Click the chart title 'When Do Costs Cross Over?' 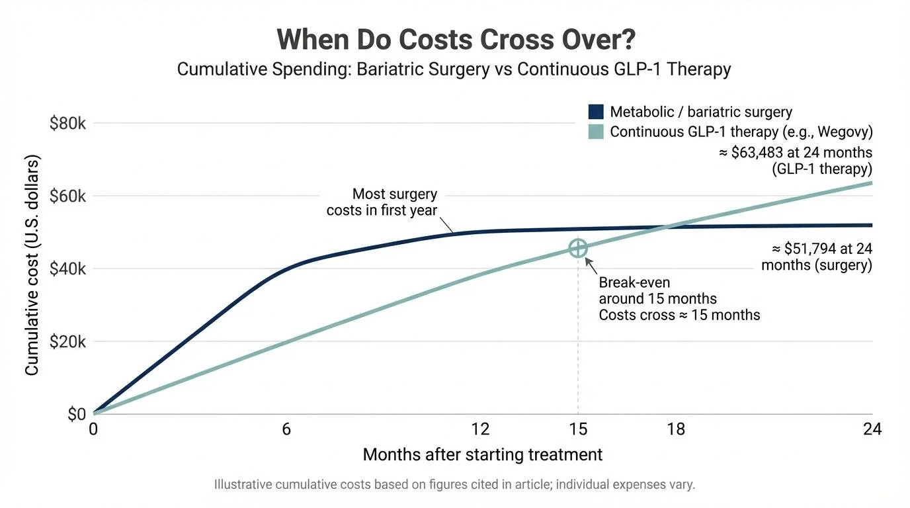coord(456,40)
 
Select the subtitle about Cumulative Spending coord(454,69)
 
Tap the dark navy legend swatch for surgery coord(596,112)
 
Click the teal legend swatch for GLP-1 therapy coord(596,132)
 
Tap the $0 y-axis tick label coord(77,415)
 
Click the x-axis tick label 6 coord(286,429)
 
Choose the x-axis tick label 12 coord(480,429)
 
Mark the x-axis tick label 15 coord(578,429)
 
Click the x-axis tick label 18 coord(676,429)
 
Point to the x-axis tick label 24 coord(872,429)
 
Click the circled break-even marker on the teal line coord(578,249)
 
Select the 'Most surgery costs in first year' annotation coord(382,202)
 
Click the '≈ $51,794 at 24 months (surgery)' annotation coord(816,257)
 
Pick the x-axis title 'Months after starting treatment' coord(483,455)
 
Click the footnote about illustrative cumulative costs coord(454,485)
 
